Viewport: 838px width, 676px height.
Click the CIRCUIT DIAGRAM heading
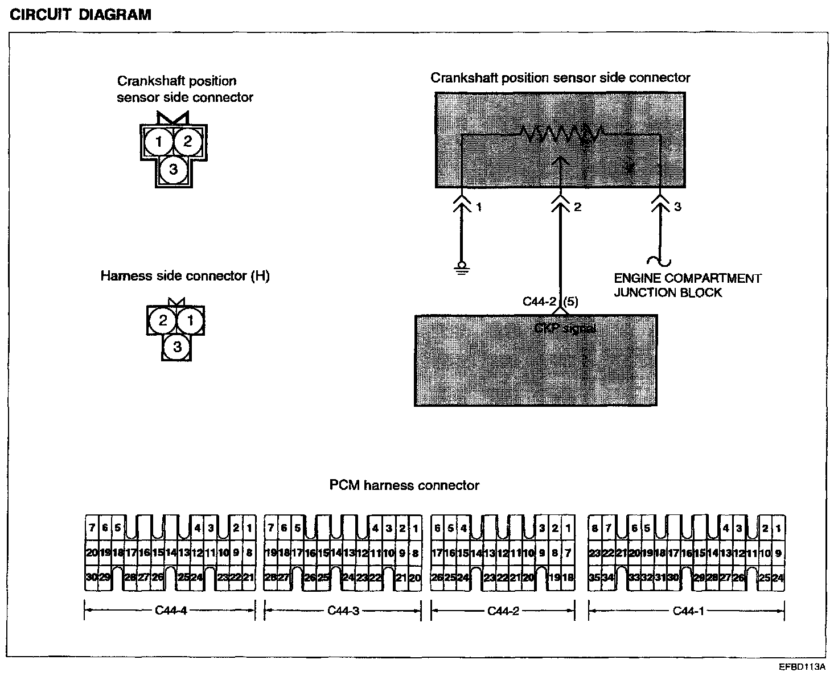point(81,14)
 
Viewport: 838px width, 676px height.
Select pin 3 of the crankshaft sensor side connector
point(173,169)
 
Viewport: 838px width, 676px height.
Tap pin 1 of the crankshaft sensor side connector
point(159,141)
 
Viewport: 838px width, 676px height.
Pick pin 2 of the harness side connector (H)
point(163,320)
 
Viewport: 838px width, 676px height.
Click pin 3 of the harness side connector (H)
point(177,346)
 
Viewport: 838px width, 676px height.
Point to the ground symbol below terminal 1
point(462,267)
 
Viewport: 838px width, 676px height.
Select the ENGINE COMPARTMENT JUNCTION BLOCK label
point(687,286)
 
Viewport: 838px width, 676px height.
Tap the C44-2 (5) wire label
point(550,301)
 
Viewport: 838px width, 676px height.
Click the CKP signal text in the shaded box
point(565,328)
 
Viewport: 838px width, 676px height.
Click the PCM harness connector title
point(404,485)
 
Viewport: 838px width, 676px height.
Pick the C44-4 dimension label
point(171,611)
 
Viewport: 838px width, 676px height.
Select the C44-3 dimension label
point(343,611)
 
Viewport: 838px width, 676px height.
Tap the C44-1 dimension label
point(688,611)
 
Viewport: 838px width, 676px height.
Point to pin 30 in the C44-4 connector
point(91,578)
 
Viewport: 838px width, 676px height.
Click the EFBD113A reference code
point(802,666)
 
